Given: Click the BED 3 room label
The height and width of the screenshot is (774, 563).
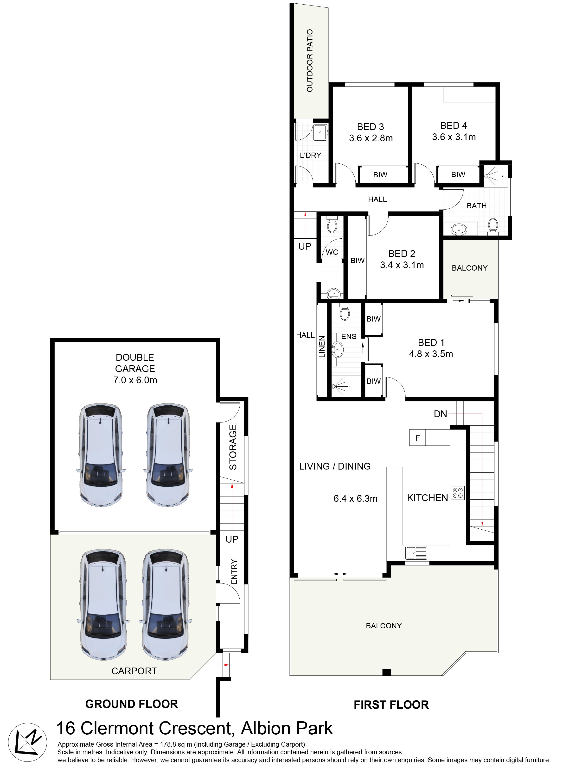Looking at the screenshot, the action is point(371,127).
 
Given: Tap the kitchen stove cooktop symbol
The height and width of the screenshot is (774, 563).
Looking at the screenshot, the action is point(458,493).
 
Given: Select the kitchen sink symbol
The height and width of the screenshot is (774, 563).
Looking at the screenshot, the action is point(416,552).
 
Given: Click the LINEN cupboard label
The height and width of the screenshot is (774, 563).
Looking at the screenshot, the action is point(322,347).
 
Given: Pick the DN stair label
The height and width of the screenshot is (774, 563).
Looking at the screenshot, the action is point(440,414).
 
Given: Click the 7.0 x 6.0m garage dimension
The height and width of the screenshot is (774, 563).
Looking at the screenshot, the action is point(135,380).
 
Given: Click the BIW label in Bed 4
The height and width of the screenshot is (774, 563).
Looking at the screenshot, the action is point(458,174).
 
